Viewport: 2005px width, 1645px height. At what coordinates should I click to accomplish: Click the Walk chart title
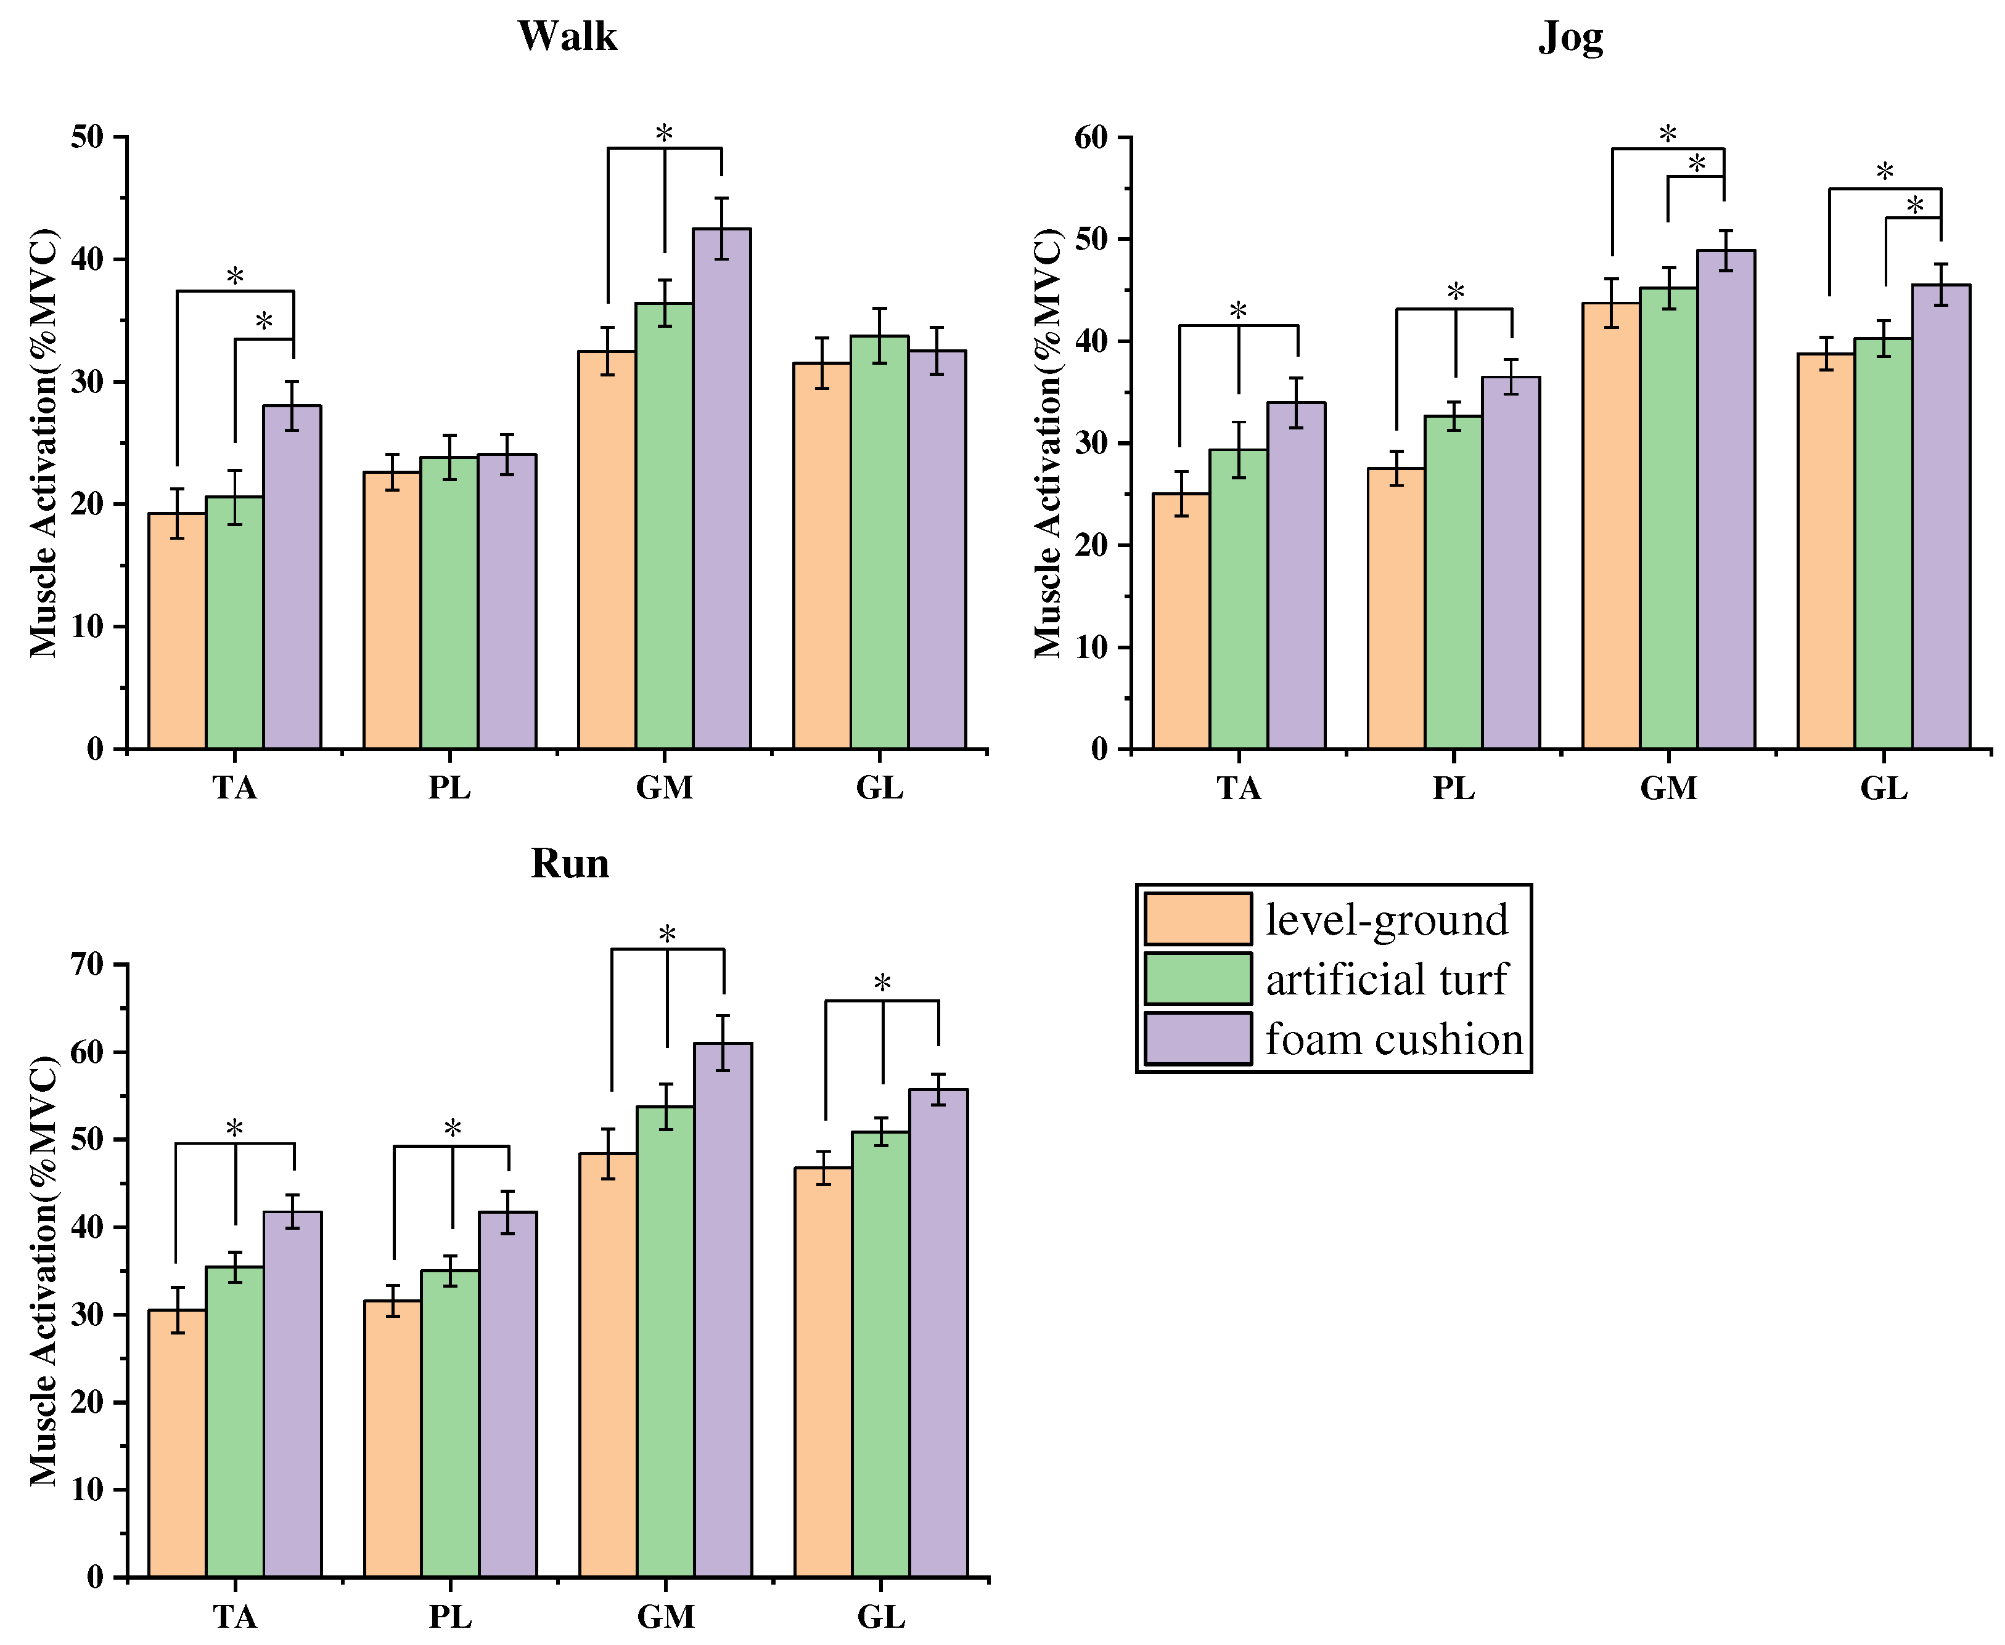coord(567,37)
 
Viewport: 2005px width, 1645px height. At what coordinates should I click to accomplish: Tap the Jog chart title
coord(1570,38)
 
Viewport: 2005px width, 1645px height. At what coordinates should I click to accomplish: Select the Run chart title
coord(569,863)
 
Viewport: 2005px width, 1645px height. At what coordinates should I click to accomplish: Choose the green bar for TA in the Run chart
coord(234,1421)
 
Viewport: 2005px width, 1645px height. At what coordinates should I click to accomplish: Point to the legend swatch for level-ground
coord(1197,919)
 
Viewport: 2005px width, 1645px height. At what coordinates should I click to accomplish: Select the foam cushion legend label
coord(1393,1039)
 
